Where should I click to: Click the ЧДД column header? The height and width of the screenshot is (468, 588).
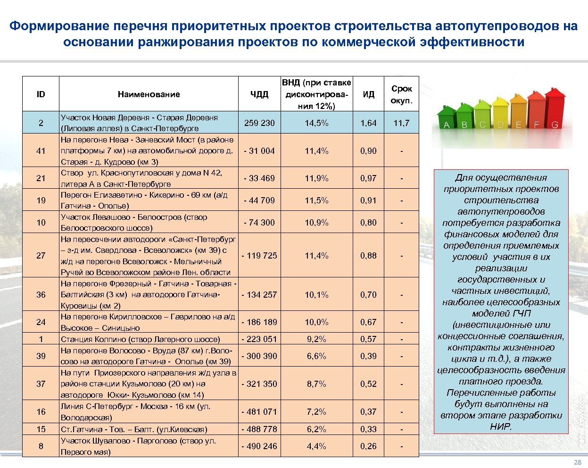pyautogui.click(x=259, y=94)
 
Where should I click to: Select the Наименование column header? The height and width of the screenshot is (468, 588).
pyautogui.click(x=149, y=94)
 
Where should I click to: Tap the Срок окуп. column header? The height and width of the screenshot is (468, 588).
pyautogui.click(x=401, y=94)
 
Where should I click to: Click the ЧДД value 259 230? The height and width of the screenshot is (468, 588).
pyautogui.click(x=259, y=123)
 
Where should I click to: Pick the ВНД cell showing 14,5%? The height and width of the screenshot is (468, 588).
pyautogui.click(x=316, y=123)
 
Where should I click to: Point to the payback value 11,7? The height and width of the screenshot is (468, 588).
pyautogui.click(x=401, y=123)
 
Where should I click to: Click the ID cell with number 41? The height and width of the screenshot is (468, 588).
pyautogui.click(x=41, y=151)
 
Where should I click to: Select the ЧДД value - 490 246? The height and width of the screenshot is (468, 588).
pyautogui.click(x=259, y=446)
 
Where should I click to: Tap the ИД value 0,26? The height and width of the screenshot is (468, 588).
pyautogui.click(x=368, y=446)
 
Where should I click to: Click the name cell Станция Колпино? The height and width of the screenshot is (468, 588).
pyautogui.click(x=140, y=339)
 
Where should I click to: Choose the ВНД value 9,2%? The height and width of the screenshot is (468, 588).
pyautogui.click(x=316, y=339)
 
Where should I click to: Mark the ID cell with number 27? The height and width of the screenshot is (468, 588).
pyautogui.click(x=41, y=256)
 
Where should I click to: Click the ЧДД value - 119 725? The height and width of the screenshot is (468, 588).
pyautogui.click(x=259, y=256)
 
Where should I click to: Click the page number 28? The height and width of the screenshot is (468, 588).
pyautogui.click(x=577, y=462)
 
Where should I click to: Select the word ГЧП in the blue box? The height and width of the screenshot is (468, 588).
pyautogui.click(x=520, y=314)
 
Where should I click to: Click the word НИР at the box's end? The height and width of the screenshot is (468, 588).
pyautogui.click(x=501, y=427)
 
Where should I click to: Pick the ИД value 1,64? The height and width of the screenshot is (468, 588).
pyautogui.click(x=368, y=123)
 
